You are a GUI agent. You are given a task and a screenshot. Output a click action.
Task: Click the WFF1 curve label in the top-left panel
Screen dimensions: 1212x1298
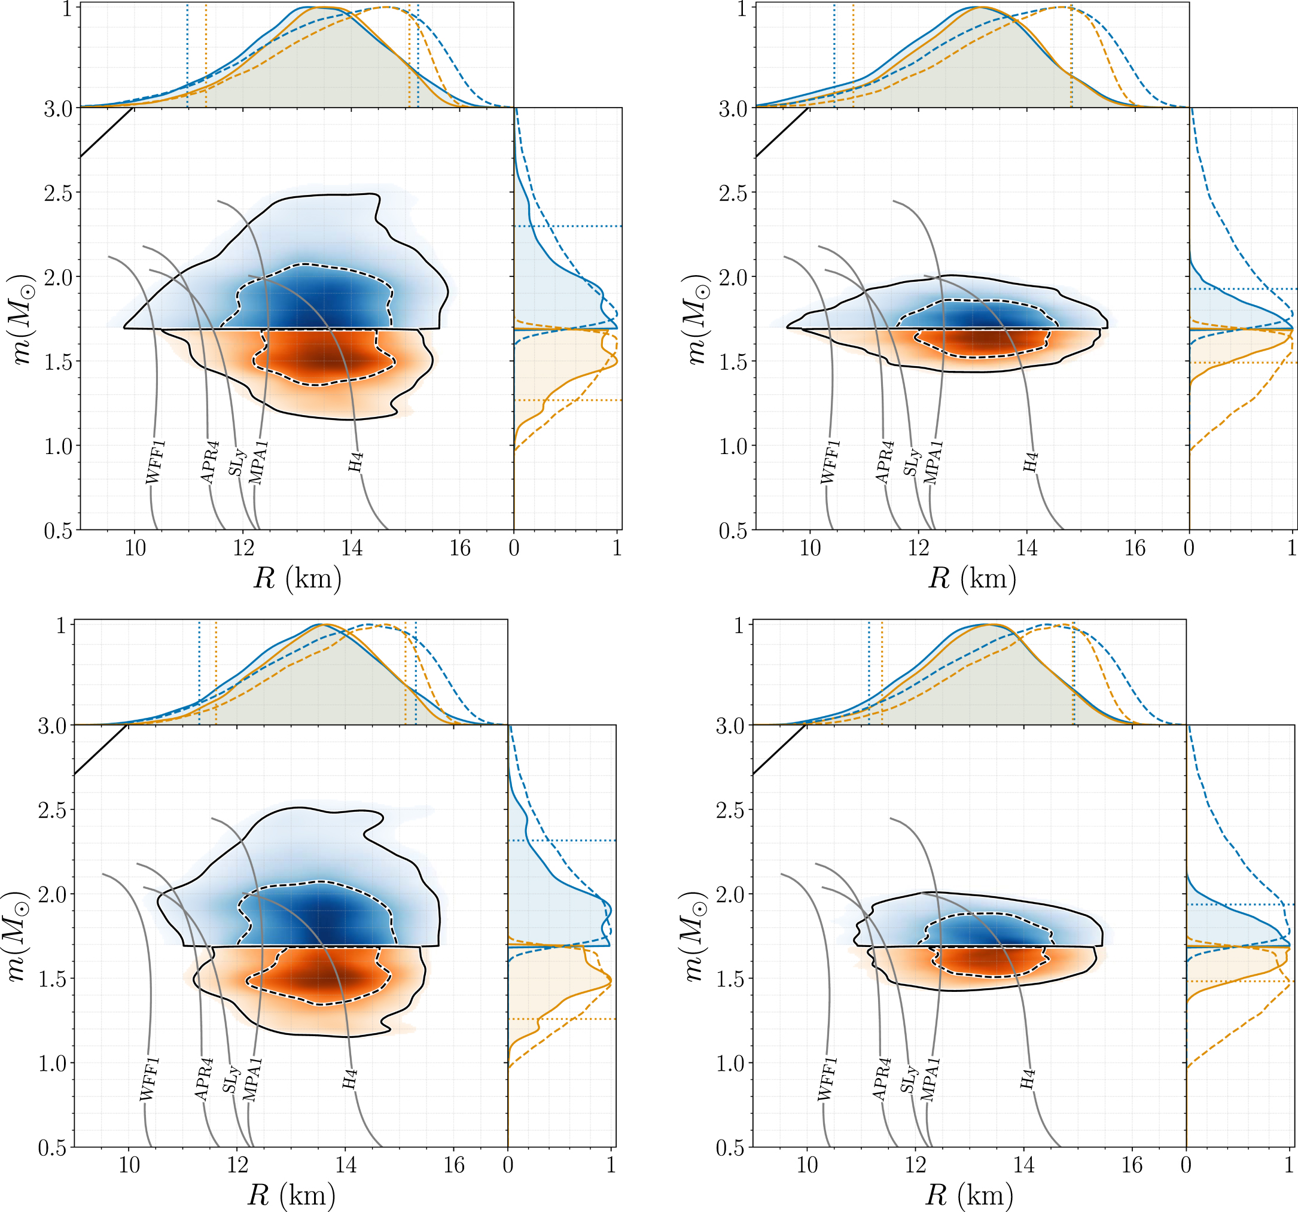[156, 462]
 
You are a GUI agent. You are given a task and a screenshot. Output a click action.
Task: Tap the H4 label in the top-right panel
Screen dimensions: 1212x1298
[1030, 462]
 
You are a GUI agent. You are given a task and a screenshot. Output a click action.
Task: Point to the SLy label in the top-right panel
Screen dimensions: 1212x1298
[912, 462]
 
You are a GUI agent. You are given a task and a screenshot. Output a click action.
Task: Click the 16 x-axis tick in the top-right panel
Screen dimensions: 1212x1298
[1135, 548]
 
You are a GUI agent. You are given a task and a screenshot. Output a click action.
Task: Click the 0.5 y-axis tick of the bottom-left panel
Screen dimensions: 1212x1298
[52, 1147]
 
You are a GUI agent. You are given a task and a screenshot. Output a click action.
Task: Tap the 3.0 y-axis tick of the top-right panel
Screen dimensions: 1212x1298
[734, 109]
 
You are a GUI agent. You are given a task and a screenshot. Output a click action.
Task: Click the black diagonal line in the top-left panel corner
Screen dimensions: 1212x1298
[106, 133]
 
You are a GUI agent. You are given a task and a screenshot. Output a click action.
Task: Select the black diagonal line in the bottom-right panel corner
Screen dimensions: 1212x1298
[779, 750]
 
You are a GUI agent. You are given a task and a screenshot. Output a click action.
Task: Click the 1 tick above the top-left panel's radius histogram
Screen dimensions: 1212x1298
[66, 9]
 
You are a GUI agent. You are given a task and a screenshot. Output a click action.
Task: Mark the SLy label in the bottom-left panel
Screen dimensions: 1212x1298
[231, 1079]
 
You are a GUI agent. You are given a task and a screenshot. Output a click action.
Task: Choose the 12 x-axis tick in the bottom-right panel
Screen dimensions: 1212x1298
[915, 1165]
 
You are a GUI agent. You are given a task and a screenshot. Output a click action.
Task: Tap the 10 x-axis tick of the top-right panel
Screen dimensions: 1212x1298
[810, 548]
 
